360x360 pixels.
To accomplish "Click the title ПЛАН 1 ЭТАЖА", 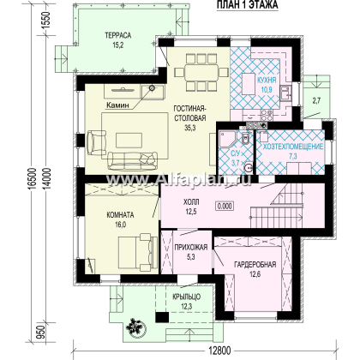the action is click(x=248, y=5).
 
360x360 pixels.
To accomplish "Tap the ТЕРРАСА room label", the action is click(x=118, y=35).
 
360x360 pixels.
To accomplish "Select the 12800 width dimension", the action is click(x=219, y=351).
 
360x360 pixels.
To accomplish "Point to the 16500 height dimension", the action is click(x=33, y=178).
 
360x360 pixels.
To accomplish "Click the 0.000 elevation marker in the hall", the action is click(x=225, y=206).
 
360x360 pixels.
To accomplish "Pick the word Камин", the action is click(x=117, y=105).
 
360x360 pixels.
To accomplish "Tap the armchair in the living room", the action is click(x=96, y=143).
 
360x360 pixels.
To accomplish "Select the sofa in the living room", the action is click(x=133, y=161).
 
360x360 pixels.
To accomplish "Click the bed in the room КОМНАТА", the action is click(x=138, y=252).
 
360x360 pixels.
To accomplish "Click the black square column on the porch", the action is click(x=162, y=317).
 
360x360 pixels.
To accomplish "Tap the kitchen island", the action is click(x=249, y=84).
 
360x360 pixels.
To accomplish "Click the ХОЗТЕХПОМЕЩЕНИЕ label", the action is click(x=293, y=147).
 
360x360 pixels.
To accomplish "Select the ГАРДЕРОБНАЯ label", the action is click(x=255, y=264).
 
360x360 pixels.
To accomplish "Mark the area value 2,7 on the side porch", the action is click(x=316, y=100).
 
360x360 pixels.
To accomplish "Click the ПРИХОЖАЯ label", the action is click(x=191, y=248).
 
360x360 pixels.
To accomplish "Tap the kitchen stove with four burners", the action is click(x=267, y=115).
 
